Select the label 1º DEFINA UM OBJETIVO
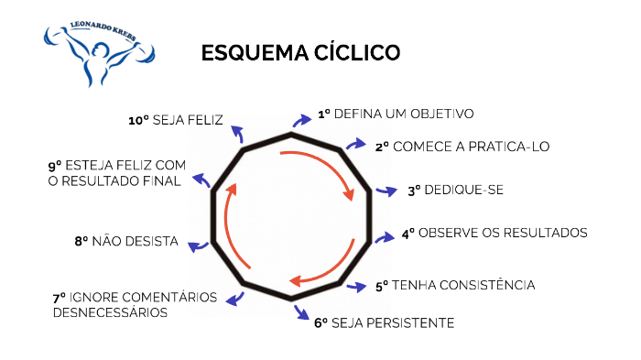click(x=396, y=115)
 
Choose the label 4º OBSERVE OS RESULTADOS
click(x=494, y=233)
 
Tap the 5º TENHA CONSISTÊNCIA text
click(x=455, y=286)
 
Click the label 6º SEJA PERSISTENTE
click(x=385, y=322)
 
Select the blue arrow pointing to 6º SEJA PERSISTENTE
click(x=300, y=313)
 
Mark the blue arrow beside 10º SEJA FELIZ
click(x=237, y=133)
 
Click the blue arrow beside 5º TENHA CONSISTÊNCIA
click(x=360, y=287)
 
